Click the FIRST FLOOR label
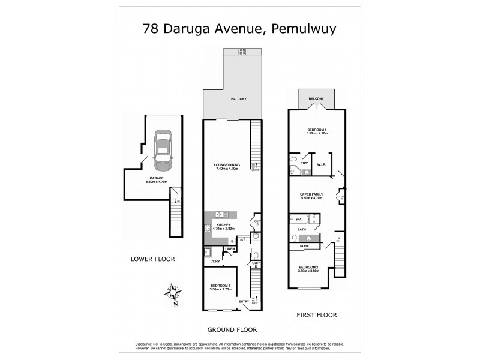point(317,314)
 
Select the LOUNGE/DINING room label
point(227,166)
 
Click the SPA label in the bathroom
point(298,220)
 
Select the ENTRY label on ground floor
point(244,301)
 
